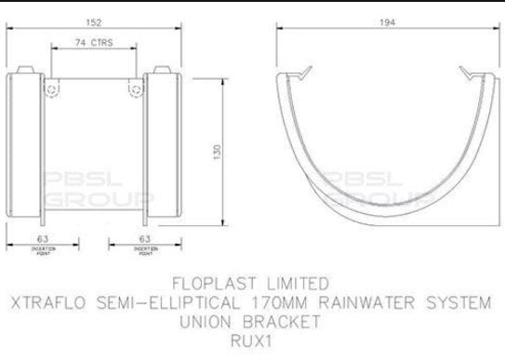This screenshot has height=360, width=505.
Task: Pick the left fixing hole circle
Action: click(x=53, y=89)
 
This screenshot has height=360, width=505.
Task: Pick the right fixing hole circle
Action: click(x=138, y=89)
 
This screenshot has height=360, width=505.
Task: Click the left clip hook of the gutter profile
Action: click(x=302, y=72)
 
